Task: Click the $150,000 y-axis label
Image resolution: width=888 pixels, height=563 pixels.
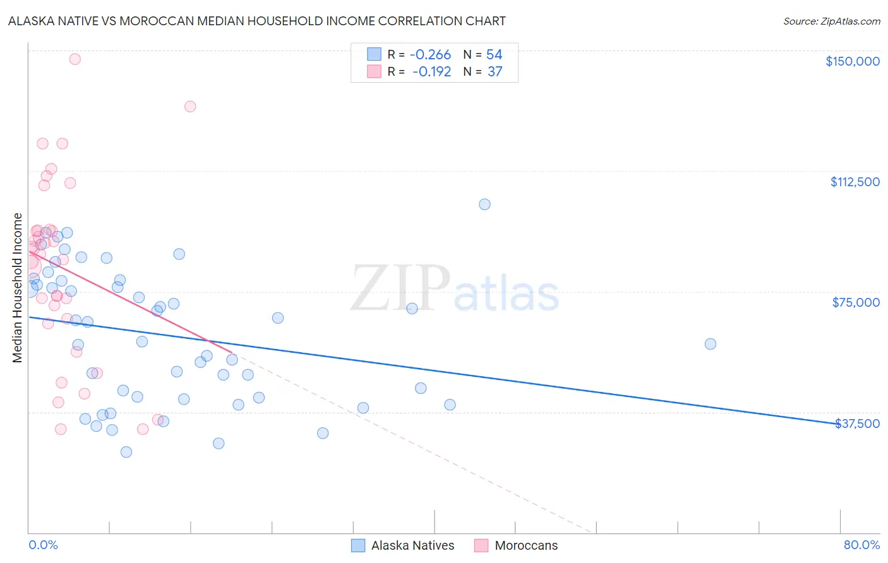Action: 852,61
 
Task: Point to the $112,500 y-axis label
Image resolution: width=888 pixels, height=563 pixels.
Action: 855,182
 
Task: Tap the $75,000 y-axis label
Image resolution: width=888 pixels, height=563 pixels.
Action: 856,302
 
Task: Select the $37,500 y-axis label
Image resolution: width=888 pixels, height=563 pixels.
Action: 857,424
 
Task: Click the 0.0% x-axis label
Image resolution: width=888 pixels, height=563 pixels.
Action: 43,545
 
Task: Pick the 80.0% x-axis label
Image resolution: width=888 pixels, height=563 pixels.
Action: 861,545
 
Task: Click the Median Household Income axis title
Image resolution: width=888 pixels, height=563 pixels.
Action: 17,288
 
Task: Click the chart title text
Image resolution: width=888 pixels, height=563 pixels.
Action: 256,21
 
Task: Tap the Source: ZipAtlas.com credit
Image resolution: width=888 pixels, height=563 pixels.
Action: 831,21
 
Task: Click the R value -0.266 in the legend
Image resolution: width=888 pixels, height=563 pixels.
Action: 430,55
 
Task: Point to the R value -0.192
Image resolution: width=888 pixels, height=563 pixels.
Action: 431,72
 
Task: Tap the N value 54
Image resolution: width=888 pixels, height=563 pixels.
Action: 494,55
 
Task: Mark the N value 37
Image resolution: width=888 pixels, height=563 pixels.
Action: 495,72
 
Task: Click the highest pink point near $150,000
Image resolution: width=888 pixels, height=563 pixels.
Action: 75,59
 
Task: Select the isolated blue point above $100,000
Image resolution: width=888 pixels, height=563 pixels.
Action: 484,204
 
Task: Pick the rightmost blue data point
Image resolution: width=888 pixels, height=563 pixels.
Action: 711,344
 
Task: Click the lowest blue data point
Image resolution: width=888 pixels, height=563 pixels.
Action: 126,452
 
